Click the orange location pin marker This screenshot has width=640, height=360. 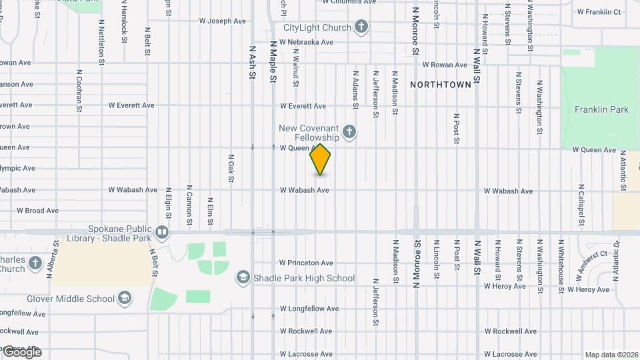(321, 159)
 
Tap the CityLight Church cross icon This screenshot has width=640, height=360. (361, 27)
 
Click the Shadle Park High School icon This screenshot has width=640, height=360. (243, 277)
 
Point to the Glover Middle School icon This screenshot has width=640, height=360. (124, 298)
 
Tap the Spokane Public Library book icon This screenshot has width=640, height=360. (162, 233)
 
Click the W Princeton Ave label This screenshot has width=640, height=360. (306, 263)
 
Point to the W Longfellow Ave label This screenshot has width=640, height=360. (309, 309)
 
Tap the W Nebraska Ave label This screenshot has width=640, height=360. (306, 42)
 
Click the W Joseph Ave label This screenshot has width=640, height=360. (223, 21)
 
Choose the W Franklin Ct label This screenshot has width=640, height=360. (599, 11)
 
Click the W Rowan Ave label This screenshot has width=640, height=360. (445, 65)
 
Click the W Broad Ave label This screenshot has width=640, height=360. (38, 211)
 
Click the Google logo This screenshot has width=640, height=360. (22, 351)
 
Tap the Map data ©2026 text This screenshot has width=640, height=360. (611, 355)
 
